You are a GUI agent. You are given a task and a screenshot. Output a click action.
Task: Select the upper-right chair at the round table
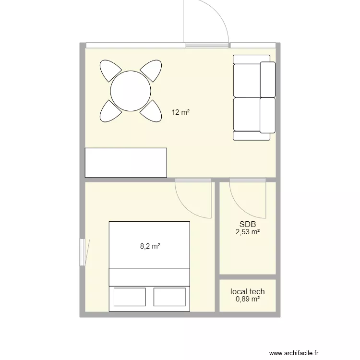pos(151,71)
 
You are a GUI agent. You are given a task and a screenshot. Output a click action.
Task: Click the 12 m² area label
pos(180,112)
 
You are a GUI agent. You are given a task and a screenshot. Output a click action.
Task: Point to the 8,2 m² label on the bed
pos(150,246)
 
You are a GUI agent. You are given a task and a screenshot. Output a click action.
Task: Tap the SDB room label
pos(248,224)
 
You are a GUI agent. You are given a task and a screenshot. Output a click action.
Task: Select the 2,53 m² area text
pos(248,232)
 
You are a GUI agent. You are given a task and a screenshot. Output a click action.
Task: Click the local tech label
pos(248,291)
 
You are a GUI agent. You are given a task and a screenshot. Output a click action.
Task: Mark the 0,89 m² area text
pos(248,299)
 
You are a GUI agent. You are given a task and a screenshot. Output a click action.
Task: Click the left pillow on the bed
pos(130,297)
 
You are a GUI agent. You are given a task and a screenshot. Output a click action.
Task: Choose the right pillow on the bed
pos(169,297)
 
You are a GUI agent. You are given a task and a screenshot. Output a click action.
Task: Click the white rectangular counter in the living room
pos(126,163)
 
